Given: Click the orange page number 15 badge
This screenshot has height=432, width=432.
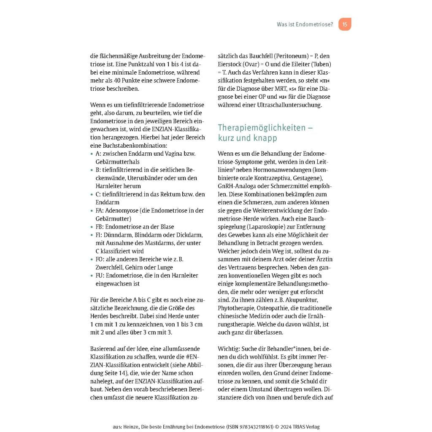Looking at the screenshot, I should pyautogui.click(x=345, y=24).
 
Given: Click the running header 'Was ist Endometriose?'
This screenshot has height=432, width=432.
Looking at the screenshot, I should pyautogui.click(x=305, y=24).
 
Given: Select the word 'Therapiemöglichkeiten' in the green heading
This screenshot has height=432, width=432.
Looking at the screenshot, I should pyautogui.click(x=262, y=127).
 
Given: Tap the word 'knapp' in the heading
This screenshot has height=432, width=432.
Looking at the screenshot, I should pyautogui.click(x=266, y=138).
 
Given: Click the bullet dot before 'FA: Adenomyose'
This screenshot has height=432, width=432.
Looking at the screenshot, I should pyautogui.click(x=92, y=211).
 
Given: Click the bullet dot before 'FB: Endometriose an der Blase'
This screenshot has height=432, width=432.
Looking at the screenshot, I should pyautogui.click(x=92, y=227).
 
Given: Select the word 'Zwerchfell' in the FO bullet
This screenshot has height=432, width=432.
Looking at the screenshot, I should pyautogui.click(x=109, y=267).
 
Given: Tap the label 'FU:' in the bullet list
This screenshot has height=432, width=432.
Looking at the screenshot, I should pyautogui.click(x=100, y=275).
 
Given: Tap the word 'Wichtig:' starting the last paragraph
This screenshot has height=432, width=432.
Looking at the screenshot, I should pyautogui.click(x=229, y=349).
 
